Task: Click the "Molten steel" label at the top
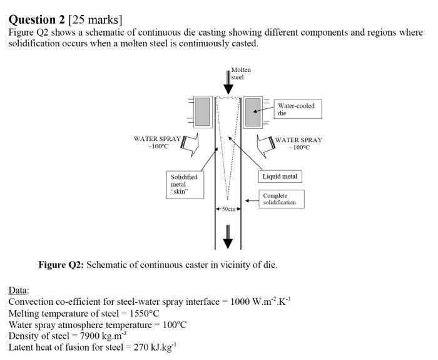[x=240, y=73]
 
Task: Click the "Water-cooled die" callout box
[x=296, y=110]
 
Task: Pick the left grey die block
[x=203, y=112]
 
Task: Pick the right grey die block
[x=252, y=112]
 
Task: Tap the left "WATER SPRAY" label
[x=157, y=139]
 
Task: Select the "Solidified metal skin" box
[x=185, y=185]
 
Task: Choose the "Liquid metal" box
[x=280, y=177]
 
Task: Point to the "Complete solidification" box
[x=281, y=199]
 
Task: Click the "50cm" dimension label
[x=227, y=208]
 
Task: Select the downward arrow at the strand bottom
[x=228, y=234]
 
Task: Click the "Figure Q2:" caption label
[x=61, y=265]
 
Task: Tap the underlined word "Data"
[x=18, y=291]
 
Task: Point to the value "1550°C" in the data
[x=143, y=313]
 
